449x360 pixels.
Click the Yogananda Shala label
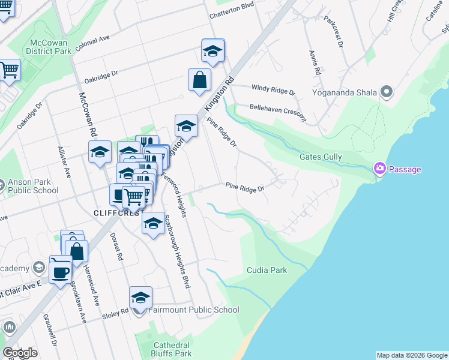344,92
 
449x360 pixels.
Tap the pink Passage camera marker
379,169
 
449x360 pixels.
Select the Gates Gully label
321,157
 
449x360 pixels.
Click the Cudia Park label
267,270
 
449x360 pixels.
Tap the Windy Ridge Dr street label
273,90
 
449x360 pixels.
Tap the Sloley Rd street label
116,312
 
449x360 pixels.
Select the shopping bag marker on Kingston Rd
199,80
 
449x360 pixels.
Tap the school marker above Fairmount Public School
140,298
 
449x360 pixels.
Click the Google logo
20,353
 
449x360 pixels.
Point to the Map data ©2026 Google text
412,355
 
